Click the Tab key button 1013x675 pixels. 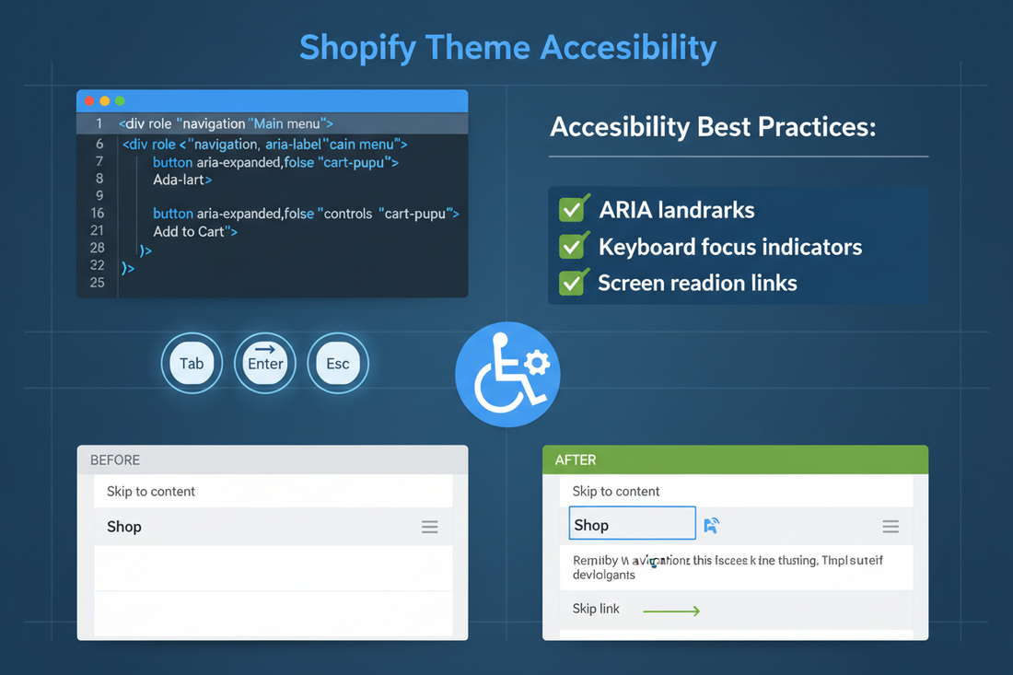[192, 364]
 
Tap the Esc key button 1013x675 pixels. [338, 364]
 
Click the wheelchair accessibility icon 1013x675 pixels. [506, 374]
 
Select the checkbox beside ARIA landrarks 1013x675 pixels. [574, 209]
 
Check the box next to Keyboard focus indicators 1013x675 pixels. [574, 247]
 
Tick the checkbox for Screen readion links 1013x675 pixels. [574, 283]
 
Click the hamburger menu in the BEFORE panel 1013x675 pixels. [430, 527]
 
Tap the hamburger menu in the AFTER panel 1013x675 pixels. [891, 526]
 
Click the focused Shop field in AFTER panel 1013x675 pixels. [632, 525]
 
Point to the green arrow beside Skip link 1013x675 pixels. [671, 610]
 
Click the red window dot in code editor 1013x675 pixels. [89, 100]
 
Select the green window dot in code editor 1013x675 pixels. [120, 100]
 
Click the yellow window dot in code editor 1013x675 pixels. [105, 100]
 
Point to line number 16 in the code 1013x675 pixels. [98, 213]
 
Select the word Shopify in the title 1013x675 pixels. [364, 47]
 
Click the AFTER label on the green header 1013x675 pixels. [576, 460]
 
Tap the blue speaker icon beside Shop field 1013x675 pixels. [711, 525]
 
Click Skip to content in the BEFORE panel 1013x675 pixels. [151, 491]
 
